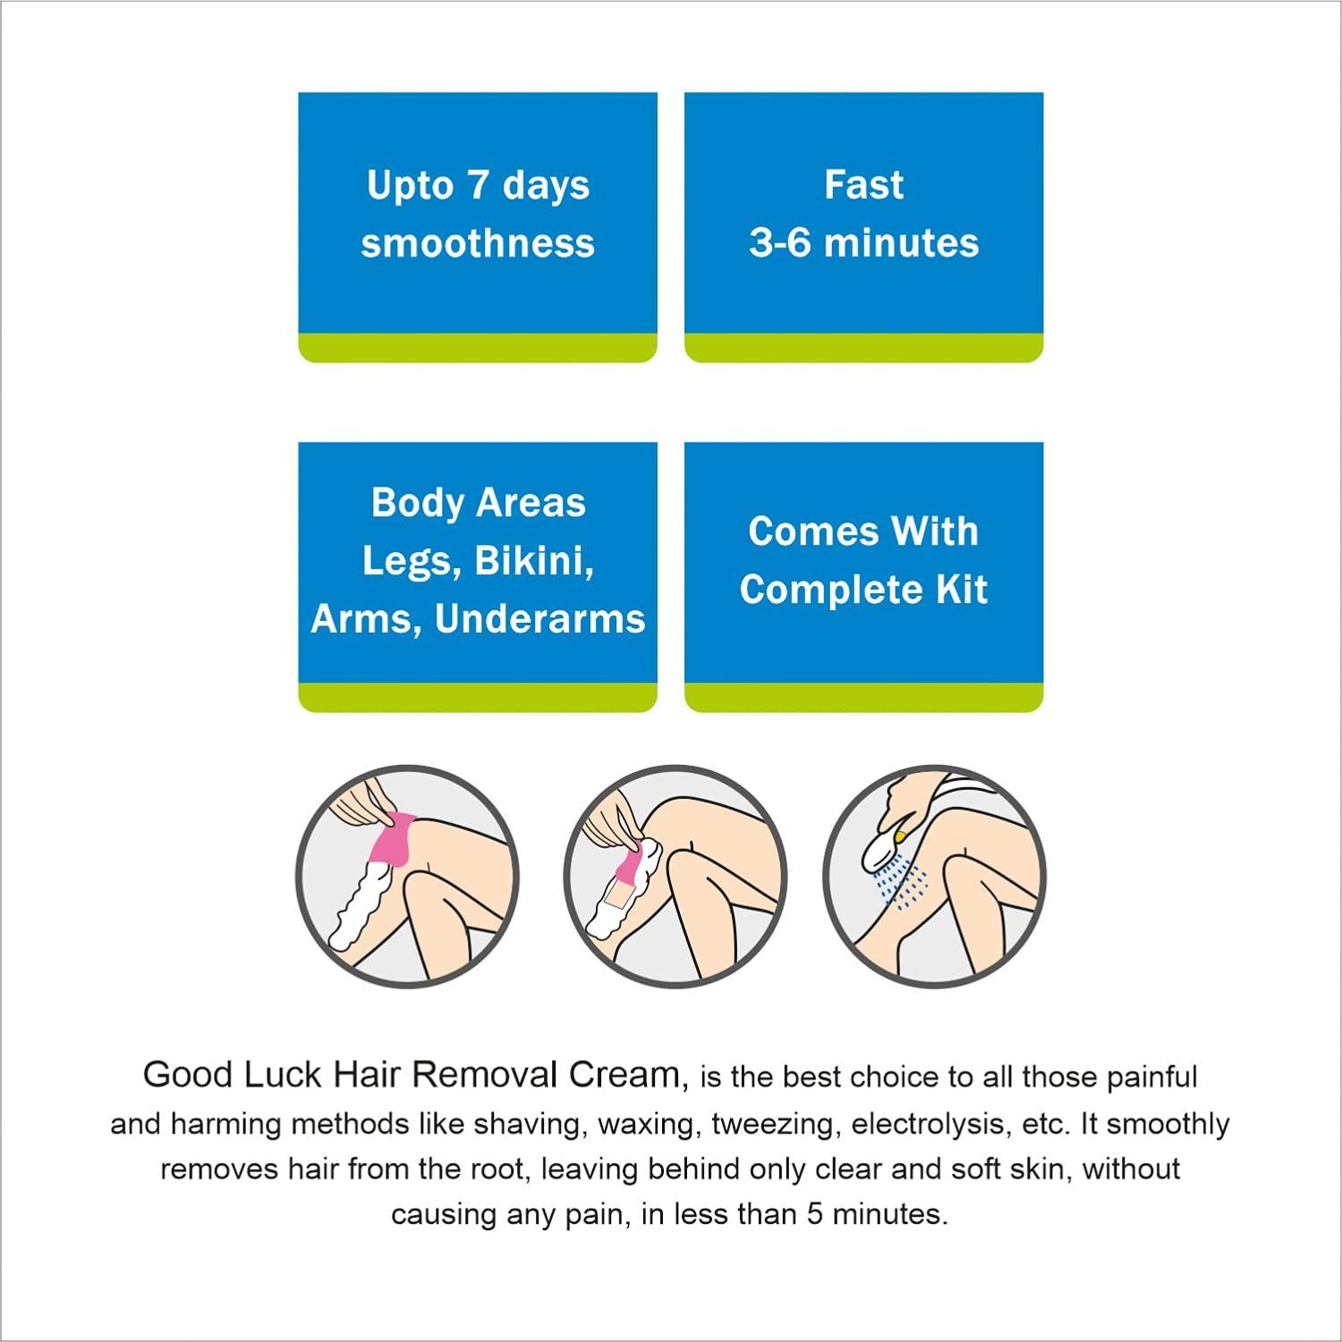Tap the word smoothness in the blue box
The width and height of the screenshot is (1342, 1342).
coord(478,243)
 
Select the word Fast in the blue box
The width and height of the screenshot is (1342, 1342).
coord(863,185)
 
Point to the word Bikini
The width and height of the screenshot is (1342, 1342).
coord(534,561)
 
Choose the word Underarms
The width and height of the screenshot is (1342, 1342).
coord(539,619)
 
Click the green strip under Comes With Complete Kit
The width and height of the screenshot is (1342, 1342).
coord(863,699)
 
